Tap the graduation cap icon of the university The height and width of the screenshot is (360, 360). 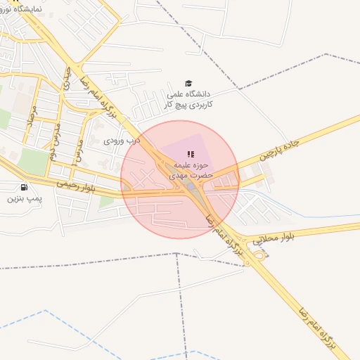pyautogui.click(x=188, y=83)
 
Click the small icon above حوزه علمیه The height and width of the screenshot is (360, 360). pyautogui.click(x=189, y=153)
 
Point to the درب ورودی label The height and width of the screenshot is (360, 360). pyautogui.click(x=122, y=141)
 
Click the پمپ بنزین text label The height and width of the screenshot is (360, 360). pyautogui.click(x=25, y=199)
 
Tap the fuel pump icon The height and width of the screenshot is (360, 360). pyautogui.click(x=25, y=187)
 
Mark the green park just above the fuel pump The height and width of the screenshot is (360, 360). pyautogui.click(x=31, y=161)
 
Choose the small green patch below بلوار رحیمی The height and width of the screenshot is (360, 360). pyautogui.click(x=106, y=202)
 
